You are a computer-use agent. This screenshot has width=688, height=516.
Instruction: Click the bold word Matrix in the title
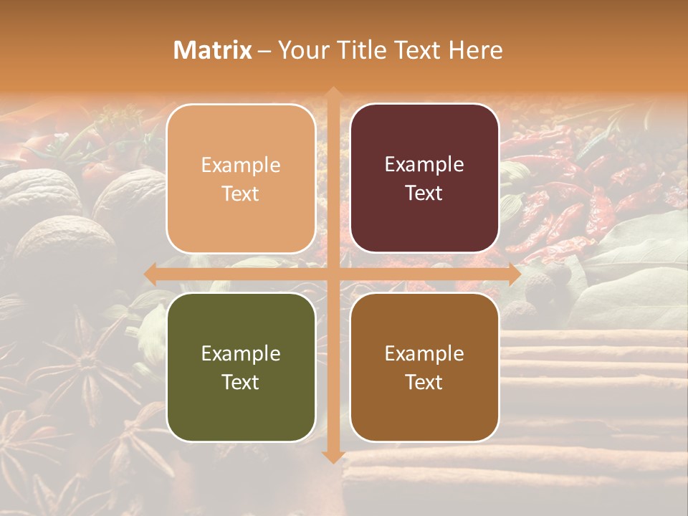[213, 50]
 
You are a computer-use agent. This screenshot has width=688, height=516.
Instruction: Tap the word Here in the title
[476, 50]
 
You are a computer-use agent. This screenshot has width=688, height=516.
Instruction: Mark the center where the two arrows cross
[333, 274]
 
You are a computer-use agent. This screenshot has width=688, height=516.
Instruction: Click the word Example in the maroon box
[424, 165]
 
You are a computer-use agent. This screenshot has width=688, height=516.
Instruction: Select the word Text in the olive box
[241, 382]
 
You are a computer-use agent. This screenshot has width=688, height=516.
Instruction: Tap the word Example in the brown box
[424, 353]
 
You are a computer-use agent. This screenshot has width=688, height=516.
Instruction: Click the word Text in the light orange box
[241, 193]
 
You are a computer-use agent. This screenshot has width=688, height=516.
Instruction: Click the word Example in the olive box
[241, 353]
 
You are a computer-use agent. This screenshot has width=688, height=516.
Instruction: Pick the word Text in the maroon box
[424, 193]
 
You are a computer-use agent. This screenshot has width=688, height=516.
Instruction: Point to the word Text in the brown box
[424, 382]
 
